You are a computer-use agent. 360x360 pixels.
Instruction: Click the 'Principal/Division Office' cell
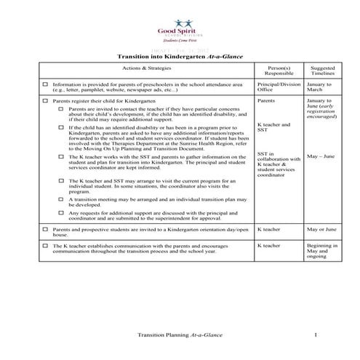click(279, 87)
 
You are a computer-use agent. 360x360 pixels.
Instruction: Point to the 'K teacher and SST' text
click(273, 128)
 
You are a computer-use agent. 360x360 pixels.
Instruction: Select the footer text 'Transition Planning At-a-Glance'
click(180, 335)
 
